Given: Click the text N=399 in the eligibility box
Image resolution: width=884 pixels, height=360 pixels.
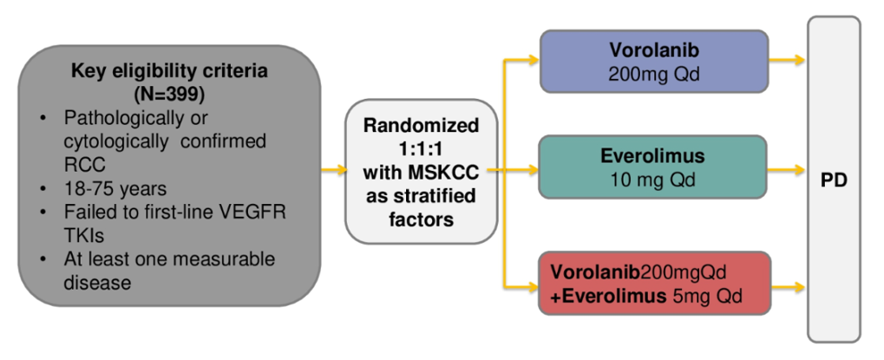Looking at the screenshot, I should point(170,92).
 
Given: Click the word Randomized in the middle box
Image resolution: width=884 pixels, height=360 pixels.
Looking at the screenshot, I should point(421,127).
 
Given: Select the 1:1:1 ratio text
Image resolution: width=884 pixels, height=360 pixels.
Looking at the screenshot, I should point(420,150).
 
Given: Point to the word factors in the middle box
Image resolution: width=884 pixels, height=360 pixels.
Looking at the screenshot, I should point(421,219).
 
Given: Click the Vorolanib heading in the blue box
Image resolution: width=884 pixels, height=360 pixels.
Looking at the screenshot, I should point(654,50).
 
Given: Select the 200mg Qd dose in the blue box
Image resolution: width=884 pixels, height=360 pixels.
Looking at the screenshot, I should point(654,74).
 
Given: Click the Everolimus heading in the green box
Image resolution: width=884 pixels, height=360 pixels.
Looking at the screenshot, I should point(653,156).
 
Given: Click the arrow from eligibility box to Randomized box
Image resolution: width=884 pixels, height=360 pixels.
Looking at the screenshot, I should point(332,168).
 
